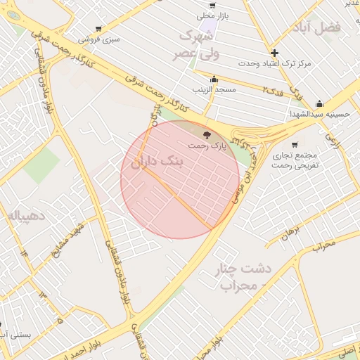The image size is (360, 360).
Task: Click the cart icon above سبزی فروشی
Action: pos(98,29)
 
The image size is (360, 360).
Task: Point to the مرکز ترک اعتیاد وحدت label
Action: pos(274,64)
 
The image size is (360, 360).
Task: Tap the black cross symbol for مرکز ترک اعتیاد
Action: pos(274,53)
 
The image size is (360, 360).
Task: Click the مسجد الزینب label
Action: pos(214,90)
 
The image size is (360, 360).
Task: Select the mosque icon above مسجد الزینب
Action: pos(214,79)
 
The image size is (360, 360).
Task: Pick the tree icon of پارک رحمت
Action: pos(206,134)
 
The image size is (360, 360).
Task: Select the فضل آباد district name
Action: pos(319,28)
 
